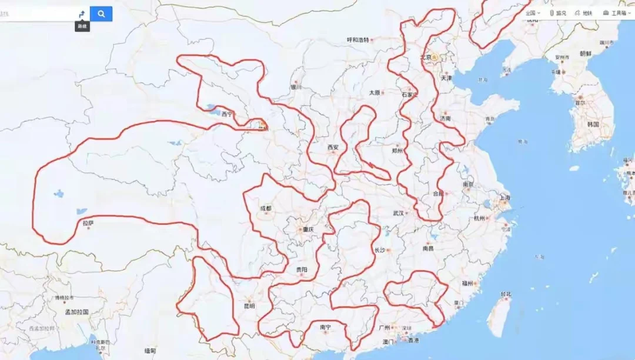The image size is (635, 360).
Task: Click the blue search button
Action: coord(101,14)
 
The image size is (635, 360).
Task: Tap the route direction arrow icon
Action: coord(82,14)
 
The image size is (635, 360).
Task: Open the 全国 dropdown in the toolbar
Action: coord(533,13)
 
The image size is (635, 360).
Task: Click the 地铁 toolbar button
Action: coord(587,13)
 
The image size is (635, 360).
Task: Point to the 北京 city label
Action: coord(426,58)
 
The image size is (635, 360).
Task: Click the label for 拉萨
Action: coord(88,223)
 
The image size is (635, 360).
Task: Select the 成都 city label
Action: coord(266,208)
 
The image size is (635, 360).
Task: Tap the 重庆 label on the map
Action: coord(308,229)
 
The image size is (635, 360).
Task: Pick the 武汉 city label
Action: coord(398,213)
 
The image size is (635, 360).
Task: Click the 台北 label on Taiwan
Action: coord(506,294)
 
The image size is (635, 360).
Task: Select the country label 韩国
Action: coord(592,125)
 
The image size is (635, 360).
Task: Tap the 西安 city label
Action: coord(333,147)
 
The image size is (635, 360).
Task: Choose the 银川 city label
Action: coord(295,87)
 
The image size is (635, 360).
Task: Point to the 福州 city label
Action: coord(467,284)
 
